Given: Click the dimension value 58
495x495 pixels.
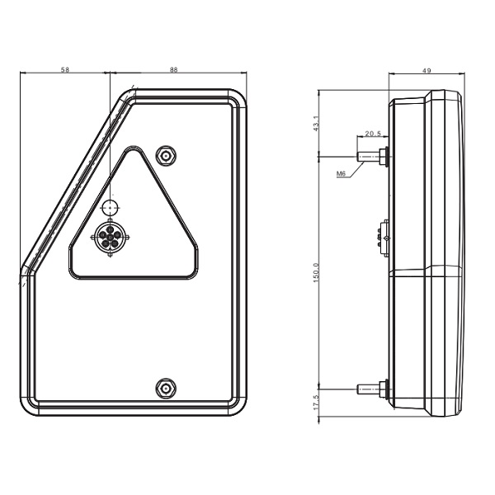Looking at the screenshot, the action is coord(65,69).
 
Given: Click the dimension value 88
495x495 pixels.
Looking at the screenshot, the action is coord(173,69).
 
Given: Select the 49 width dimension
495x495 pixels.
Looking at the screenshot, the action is coord(427,70).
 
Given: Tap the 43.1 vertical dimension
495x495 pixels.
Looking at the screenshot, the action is coord(317,124).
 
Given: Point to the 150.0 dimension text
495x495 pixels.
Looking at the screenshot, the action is coord(317,272).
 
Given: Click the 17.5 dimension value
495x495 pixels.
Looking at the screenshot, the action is coord(317,403).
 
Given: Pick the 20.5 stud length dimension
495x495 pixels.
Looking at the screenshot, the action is coord(373,134).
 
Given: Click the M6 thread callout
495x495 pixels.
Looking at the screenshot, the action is coord(341,173).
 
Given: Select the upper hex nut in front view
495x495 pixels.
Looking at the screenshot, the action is coord(166,155).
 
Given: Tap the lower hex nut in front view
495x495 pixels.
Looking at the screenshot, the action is coord(166,388).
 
